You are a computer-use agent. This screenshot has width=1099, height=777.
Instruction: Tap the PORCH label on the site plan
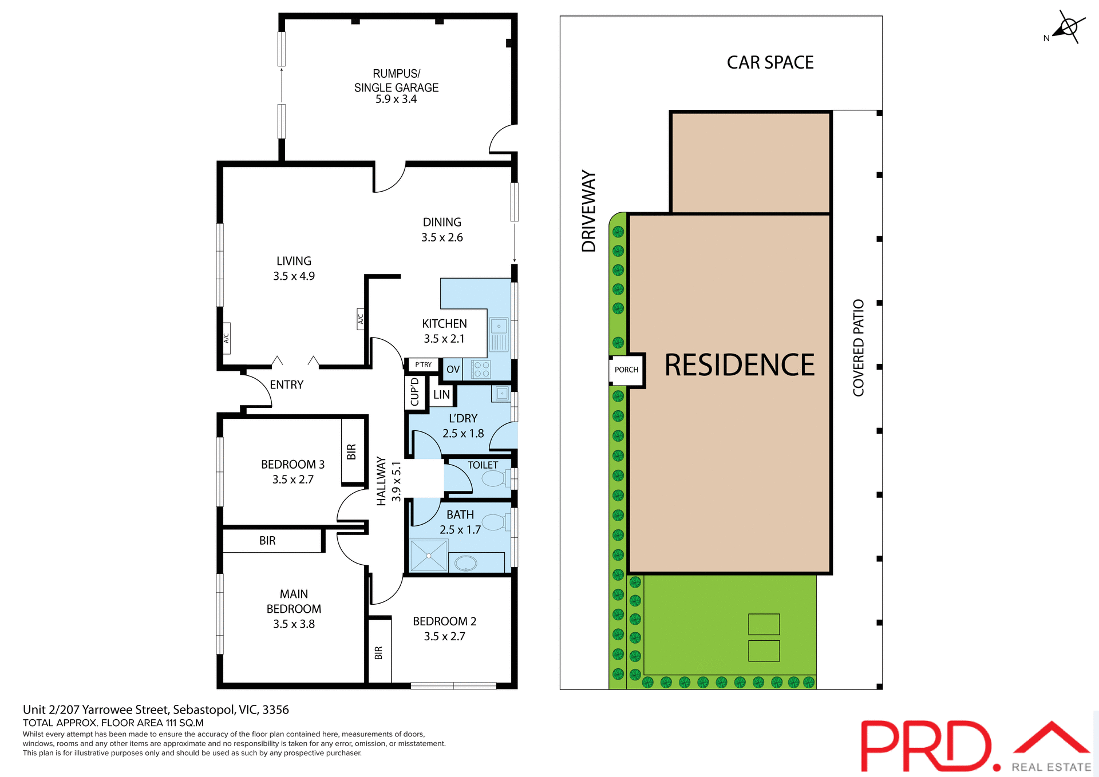coord(626,370)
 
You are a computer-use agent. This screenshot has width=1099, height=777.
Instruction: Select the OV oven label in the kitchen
coord(453,370)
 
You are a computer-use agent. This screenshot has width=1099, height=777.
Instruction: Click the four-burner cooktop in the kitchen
coord(481,370)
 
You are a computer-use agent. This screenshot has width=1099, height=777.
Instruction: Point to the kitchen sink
coord(499,335)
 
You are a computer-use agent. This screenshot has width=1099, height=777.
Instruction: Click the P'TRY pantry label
coord(424,364)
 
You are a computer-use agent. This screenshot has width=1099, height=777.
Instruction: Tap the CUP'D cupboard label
coord(415,392)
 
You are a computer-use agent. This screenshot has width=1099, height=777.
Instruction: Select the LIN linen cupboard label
coord(441,395)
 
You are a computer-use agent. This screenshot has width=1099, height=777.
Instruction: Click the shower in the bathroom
coord(429,556)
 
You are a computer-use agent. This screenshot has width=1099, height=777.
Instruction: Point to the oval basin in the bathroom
coord(466,564)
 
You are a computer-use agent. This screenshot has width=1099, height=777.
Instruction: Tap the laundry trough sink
coord(501,394)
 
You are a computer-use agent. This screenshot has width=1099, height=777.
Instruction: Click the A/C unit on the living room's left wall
coord(226,338)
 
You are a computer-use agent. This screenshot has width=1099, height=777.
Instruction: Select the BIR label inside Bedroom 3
coord(351,452)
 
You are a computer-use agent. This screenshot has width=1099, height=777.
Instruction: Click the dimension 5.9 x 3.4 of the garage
coord(396,100)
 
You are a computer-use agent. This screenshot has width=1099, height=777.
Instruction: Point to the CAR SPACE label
coord(770,62)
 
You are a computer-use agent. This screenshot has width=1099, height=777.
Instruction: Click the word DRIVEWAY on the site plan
coord(589,211)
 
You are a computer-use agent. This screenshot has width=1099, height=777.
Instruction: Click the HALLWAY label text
coord(381,481)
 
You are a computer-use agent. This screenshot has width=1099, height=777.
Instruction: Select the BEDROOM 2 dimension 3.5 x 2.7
coord(444,636)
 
